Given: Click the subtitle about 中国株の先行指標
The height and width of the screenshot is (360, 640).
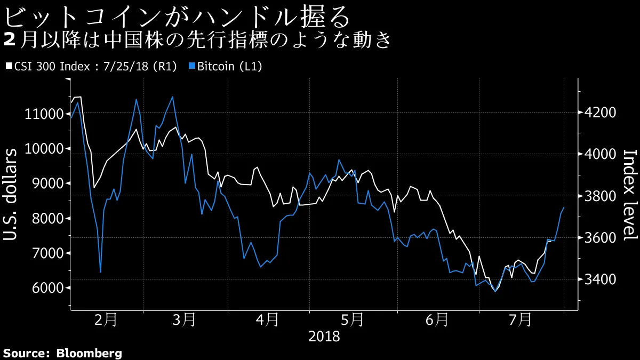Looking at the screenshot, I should point(197,41).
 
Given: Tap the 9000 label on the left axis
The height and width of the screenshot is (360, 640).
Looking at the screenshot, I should point(47,183).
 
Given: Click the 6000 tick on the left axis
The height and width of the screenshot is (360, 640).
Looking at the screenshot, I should point(47,288).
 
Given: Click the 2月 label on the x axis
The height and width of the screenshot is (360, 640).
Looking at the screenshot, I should point(106,320).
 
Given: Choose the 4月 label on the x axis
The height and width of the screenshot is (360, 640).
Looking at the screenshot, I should point(267,320).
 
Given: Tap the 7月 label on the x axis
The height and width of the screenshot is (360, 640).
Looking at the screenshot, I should point(521,320).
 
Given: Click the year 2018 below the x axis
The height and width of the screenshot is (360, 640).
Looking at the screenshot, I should point(324,337).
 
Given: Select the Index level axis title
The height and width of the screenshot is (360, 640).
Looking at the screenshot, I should point(629,195).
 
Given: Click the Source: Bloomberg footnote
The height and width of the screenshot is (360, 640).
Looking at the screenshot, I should point(62,353).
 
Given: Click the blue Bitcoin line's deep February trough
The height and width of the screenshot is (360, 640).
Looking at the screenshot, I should point(100,273).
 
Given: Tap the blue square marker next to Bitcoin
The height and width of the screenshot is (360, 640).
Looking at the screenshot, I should point(193,67).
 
